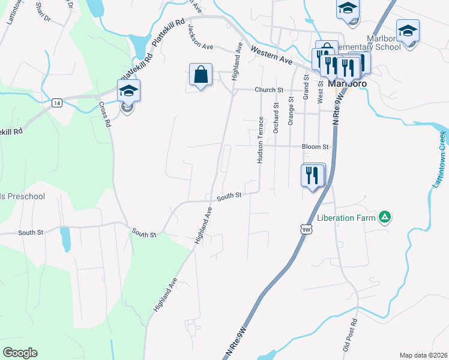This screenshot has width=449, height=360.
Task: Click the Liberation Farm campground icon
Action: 385,217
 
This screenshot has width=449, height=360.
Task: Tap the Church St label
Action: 268,90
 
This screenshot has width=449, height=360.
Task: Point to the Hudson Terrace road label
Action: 261,140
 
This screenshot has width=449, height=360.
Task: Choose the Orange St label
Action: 291,111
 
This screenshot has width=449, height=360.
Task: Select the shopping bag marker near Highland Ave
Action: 201,75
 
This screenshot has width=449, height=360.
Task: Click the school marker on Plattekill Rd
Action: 128,91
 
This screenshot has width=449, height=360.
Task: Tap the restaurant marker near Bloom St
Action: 311,175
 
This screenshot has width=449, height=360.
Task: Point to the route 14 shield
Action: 56,103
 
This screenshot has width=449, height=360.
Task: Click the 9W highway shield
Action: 306,229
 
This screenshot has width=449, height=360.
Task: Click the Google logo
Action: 20,353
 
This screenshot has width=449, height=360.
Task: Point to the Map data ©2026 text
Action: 423,355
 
